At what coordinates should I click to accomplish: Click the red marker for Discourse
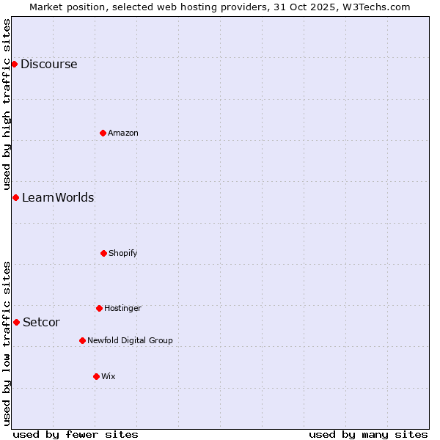click(14, 64)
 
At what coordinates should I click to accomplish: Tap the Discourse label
click(48, 64)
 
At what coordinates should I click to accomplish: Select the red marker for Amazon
click(103, 133)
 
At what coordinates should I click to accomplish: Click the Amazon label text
click(123, 133)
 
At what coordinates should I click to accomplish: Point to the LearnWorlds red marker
click(15, 197)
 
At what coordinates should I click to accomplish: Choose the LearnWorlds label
click(58, 197)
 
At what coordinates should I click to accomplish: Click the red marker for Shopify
click(103, 253)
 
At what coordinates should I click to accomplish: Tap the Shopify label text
click(123, 253)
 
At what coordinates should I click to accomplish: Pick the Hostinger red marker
click(99, 308)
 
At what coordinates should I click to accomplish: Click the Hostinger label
click(122, 308)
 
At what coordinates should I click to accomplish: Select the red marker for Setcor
click(16, 322)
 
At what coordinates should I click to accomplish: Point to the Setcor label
click(41, 322)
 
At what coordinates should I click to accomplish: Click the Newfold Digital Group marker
click(82, 340)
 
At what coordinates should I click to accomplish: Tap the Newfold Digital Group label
click(130, 340)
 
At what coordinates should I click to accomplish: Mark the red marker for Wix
click(96, 376)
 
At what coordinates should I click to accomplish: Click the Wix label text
click(109, 376)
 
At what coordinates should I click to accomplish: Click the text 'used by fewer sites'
click(76, 434)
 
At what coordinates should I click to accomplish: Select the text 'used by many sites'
click(368, 434)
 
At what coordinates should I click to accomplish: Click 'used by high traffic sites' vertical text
click(7, 104)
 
